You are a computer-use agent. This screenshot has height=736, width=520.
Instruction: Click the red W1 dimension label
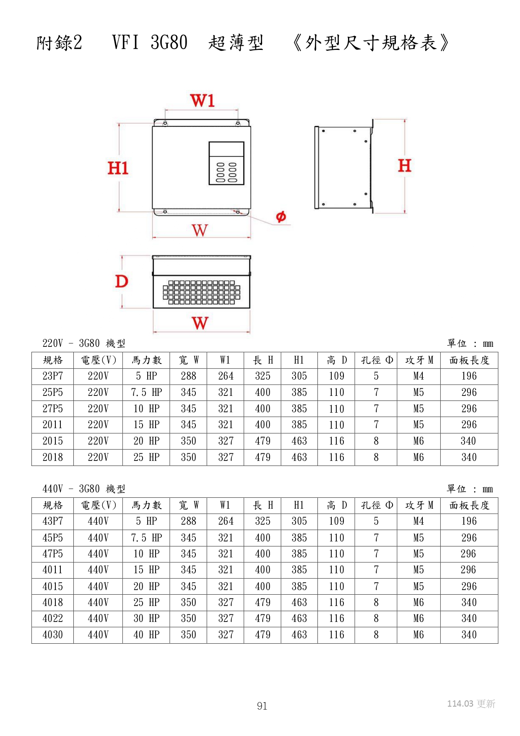click(x=202, y=101)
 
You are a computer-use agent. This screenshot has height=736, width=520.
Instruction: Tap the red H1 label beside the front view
click(x=118, y=168)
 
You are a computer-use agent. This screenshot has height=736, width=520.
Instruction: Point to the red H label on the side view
click(x=404, y=166)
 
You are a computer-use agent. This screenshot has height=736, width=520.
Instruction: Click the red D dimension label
click(x=122, y=281)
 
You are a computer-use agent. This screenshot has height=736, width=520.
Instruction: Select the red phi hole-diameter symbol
click(x=281, y=216)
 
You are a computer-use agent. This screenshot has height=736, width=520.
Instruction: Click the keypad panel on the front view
click(x=226, y=163)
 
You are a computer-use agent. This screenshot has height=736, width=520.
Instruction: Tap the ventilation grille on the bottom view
click(x=201, y=292)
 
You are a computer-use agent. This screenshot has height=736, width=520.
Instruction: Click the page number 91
click(x=262, y=706)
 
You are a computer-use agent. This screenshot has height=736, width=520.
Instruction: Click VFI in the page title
click(x=125, y=42)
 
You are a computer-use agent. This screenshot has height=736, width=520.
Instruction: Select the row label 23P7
click(x=53, y=376)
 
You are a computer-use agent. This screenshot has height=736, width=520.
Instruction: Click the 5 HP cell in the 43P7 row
click(x=146, y=521)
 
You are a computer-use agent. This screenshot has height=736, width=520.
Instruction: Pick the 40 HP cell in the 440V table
click(x=146, y=635)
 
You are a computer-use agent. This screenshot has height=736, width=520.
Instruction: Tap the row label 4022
click(x=53, y=619)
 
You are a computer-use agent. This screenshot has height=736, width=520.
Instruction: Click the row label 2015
click(x=53, y=441)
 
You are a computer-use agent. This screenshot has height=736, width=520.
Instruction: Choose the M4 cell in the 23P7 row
click(x=419, y=376)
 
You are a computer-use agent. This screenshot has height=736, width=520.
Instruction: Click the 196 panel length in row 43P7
click(x=469, y=521)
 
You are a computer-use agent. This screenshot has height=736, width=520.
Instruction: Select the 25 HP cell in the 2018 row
click(x=146, y=458)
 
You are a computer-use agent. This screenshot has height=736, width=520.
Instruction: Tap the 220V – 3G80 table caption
click(x=84, y=343)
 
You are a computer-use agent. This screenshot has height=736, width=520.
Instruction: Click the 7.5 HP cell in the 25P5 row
click(x=146, y=393)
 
